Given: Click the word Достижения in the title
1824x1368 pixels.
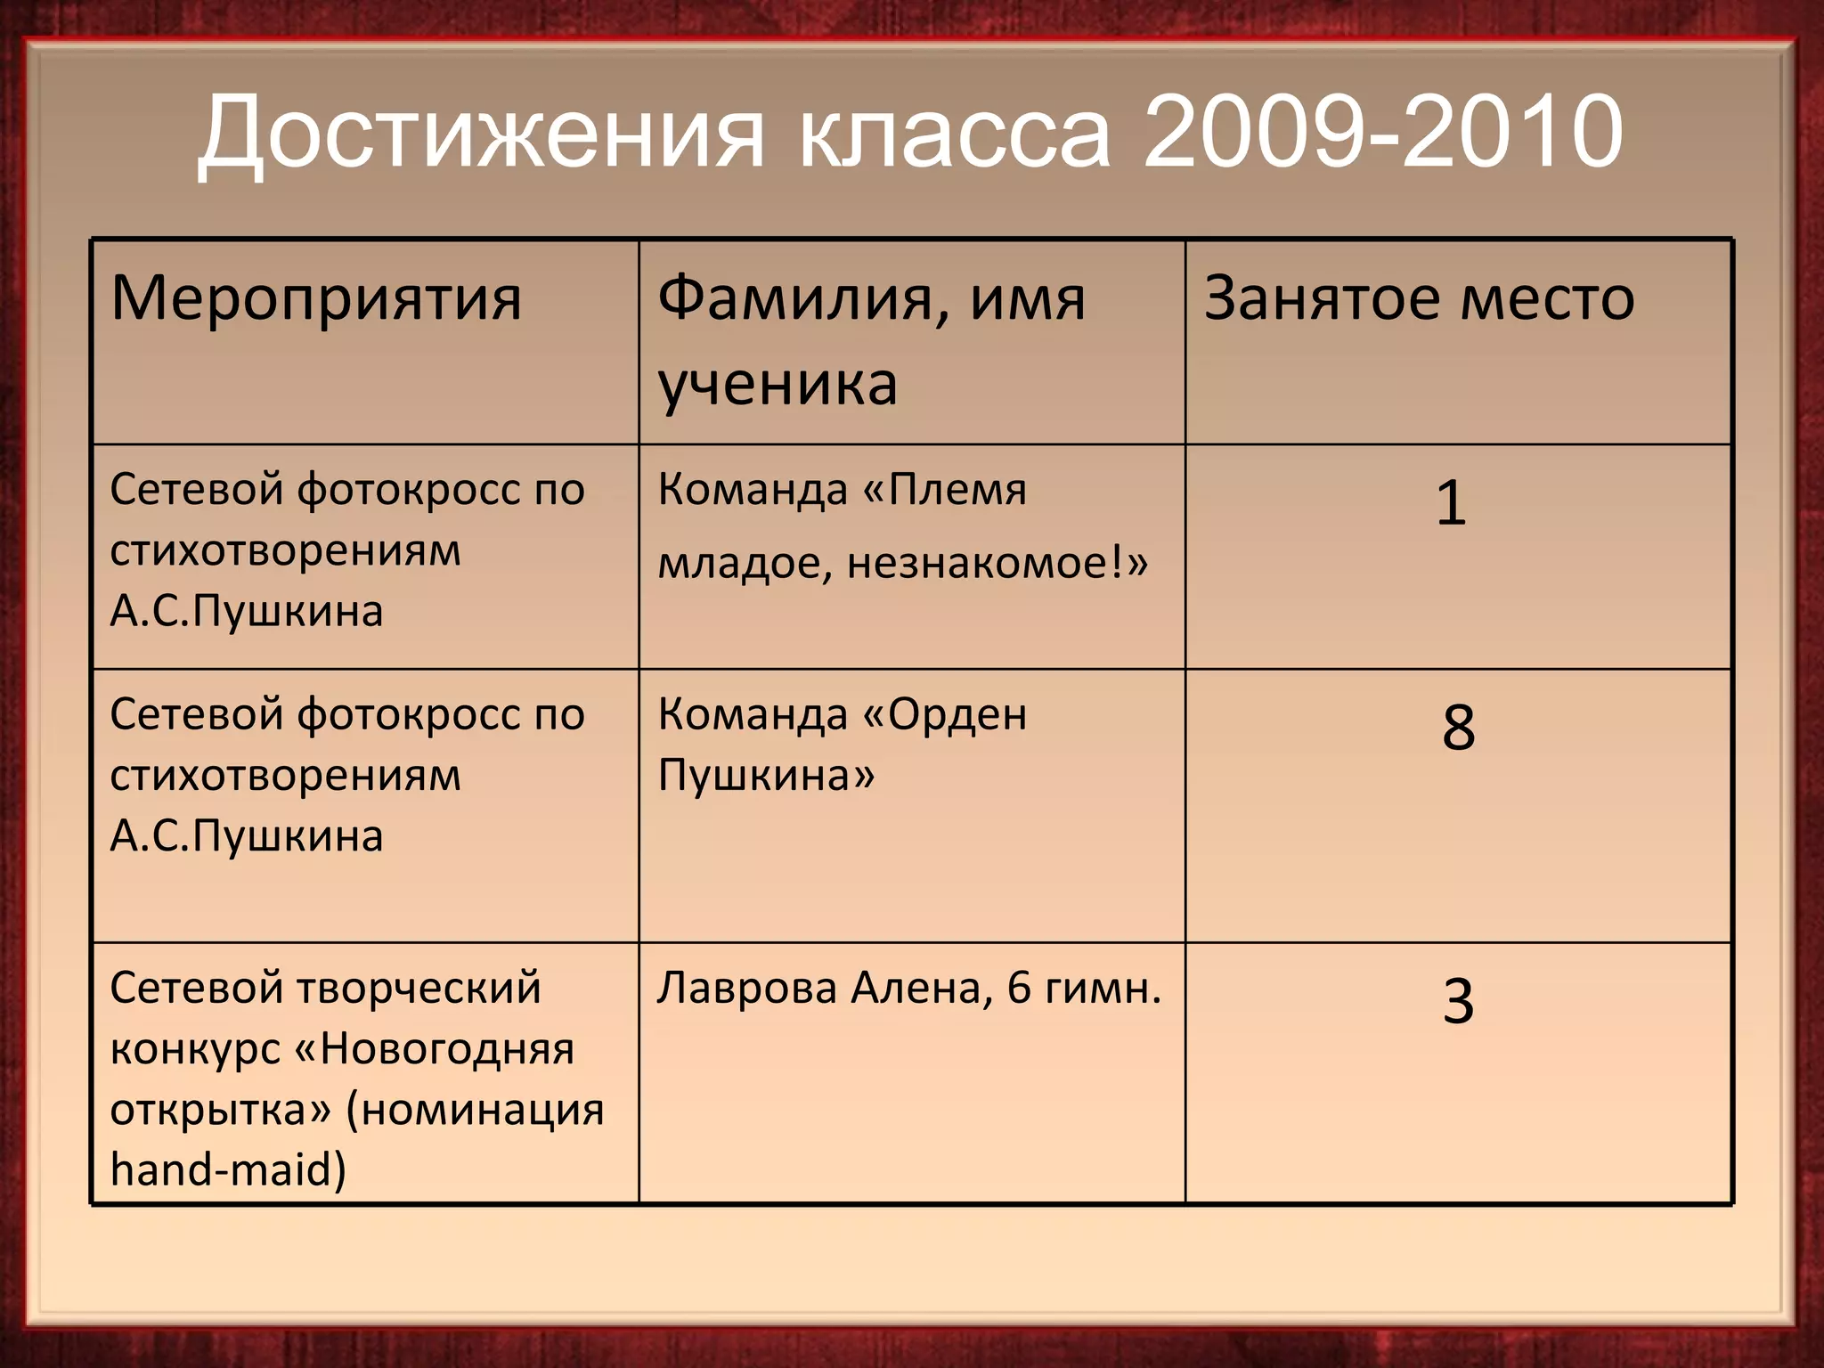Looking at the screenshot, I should [481, 134].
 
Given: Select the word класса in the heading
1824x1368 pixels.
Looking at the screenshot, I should [955, 134].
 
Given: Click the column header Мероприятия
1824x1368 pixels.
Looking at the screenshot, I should [316, 298].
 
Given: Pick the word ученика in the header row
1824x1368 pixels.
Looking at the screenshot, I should [778, 385].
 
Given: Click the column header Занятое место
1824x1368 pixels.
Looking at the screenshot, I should [1419, 298].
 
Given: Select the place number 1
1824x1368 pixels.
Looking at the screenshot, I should [1451, 503].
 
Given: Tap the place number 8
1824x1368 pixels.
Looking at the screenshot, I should [1458, 728].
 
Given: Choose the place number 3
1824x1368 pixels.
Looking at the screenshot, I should [1458, 1001].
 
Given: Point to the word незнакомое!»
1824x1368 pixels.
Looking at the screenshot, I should [997, 563].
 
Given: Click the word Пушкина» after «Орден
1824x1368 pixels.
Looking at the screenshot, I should [766, 776].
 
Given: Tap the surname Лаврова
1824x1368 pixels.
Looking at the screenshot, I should [748, 989].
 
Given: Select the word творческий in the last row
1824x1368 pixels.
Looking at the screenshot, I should [419, 989].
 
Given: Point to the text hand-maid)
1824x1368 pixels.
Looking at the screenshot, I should [228, 1170].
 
